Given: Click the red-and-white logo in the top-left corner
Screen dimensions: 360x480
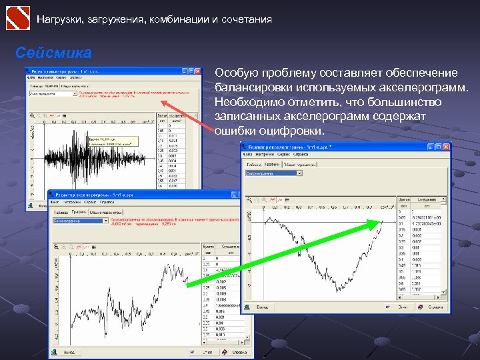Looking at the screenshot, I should click(x=18, y=17).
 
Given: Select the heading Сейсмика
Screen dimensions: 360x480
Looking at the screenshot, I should click(x=53, y=52).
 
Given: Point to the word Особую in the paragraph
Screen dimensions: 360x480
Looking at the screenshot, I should click(x=236, y=73).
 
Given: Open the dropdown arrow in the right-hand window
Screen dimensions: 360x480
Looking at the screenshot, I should click(x=299, y=173).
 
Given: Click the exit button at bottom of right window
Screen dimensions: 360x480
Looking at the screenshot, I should click(x=259, y=307).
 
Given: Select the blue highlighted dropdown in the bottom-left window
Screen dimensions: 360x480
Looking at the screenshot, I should click(x=77, y=221).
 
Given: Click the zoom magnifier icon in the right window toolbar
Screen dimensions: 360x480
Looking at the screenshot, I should click(x=251, y=199).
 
